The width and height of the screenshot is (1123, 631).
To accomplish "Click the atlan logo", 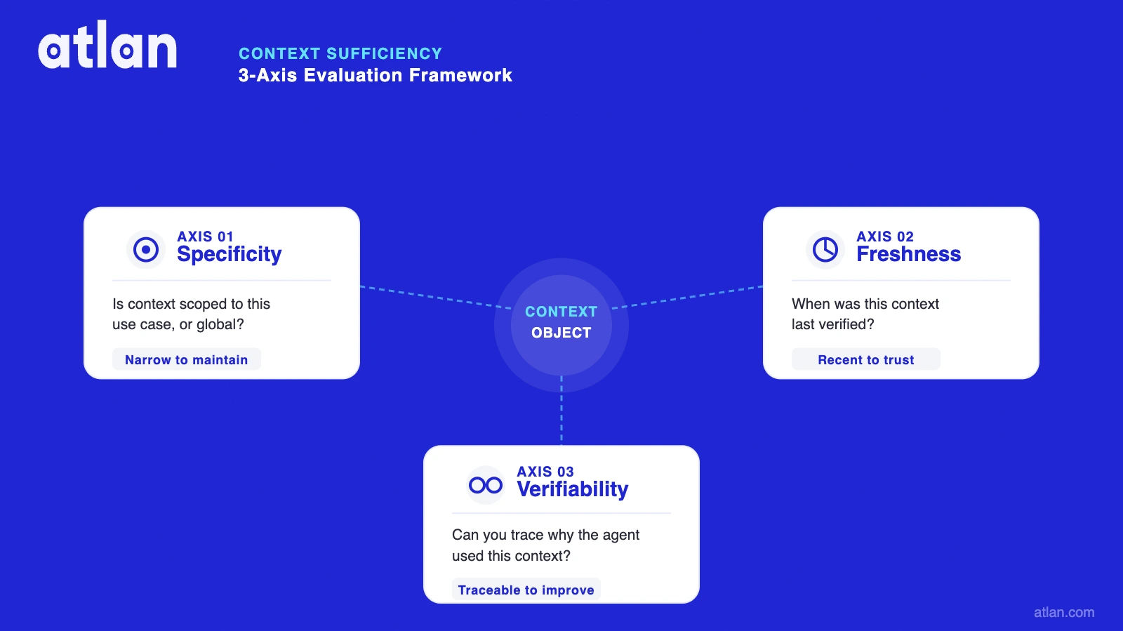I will pos(107,46).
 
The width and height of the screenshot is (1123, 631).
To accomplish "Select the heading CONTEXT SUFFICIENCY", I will pos(340,53).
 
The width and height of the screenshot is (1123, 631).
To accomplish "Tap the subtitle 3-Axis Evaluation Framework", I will pos(376,75).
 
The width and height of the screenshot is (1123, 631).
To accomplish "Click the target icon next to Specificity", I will pos(146,249).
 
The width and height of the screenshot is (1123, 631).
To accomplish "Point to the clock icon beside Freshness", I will pos(825,249).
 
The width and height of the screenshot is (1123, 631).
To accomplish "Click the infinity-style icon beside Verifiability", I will pos(486,485).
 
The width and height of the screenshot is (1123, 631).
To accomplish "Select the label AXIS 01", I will pos(205,237).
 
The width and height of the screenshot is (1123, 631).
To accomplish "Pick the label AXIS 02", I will pos(885,237).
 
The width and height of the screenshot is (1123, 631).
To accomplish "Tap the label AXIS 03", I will pos(545,472).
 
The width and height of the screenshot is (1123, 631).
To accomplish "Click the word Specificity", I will pos(230,254).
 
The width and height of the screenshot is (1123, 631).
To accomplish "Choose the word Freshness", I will pos(909,254).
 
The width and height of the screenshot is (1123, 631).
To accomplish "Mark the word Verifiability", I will pos(573,489).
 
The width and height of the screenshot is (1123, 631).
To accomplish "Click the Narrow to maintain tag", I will pos(187,359).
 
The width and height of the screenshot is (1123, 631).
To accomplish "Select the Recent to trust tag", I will pos(866,359).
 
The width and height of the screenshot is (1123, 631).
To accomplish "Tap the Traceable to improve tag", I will pos(526,590).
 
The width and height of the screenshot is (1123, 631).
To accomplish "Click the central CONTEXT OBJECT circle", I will pos(561,323).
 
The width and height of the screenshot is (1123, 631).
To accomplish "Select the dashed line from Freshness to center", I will pos(688,297).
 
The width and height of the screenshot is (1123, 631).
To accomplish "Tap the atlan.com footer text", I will pos(1064,612).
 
